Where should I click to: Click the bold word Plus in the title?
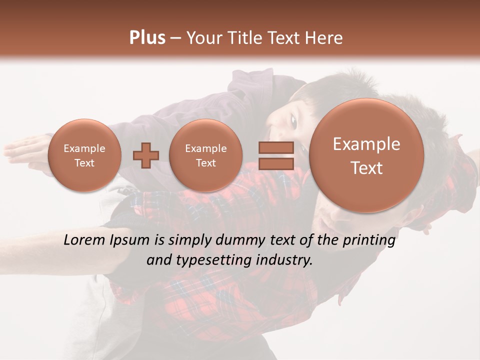tap(147, 38)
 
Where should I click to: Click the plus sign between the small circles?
tap(146, 155)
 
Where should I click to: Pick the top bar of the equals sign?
tap(275, 147)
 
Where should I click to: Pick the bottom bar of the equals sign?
tap(275, 163)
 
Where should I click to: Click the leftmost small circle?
tap(84, 155)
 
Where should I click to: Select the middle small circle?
tap(206, 155)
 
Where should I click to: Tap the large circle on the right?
tap(366, 155)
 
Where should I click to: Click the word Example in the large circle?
tap(366, 144)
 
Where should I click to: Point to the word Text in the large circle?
tap(366, 168)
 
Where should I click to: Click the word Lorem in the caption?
tap(85, 240)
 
